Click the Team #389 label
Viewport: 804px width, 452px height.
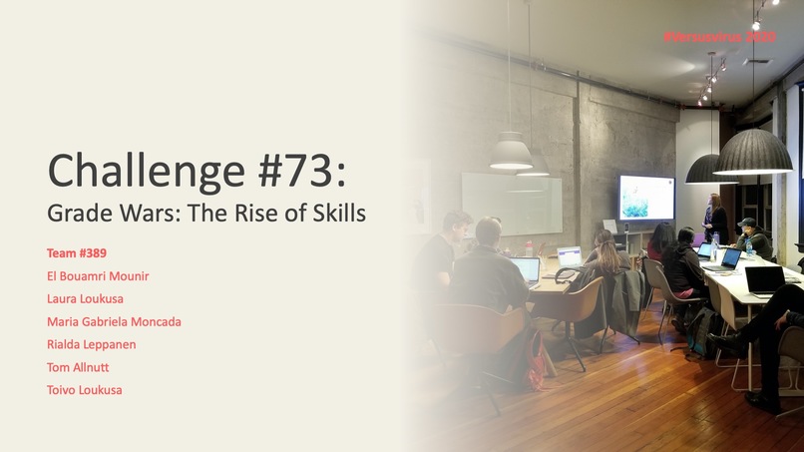click(x=77, y=252)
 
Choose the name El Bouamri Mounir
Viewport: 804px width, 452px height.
click(x=97, y=275)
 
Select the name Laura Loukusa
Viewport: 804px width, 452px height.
click(x=86, y=298)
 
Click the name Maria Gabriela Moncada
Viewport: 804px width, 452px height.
click(x=114, y=321)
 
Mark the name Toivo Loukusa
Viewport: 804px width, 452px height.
click(x=85, y=390)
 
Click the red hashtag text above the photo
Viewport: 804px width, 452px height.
click(x=718, y=37)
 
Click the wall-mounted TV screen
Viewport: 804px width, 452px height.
click(x=646, y=197)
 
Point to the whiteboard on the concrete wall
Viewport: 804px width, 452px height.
click(x=511, y=203)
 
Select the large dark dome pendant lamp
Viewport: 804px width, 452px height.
click(x=752, y=153)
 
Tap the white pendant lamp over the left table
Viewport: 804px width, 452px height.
click(x=511, y=152)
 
